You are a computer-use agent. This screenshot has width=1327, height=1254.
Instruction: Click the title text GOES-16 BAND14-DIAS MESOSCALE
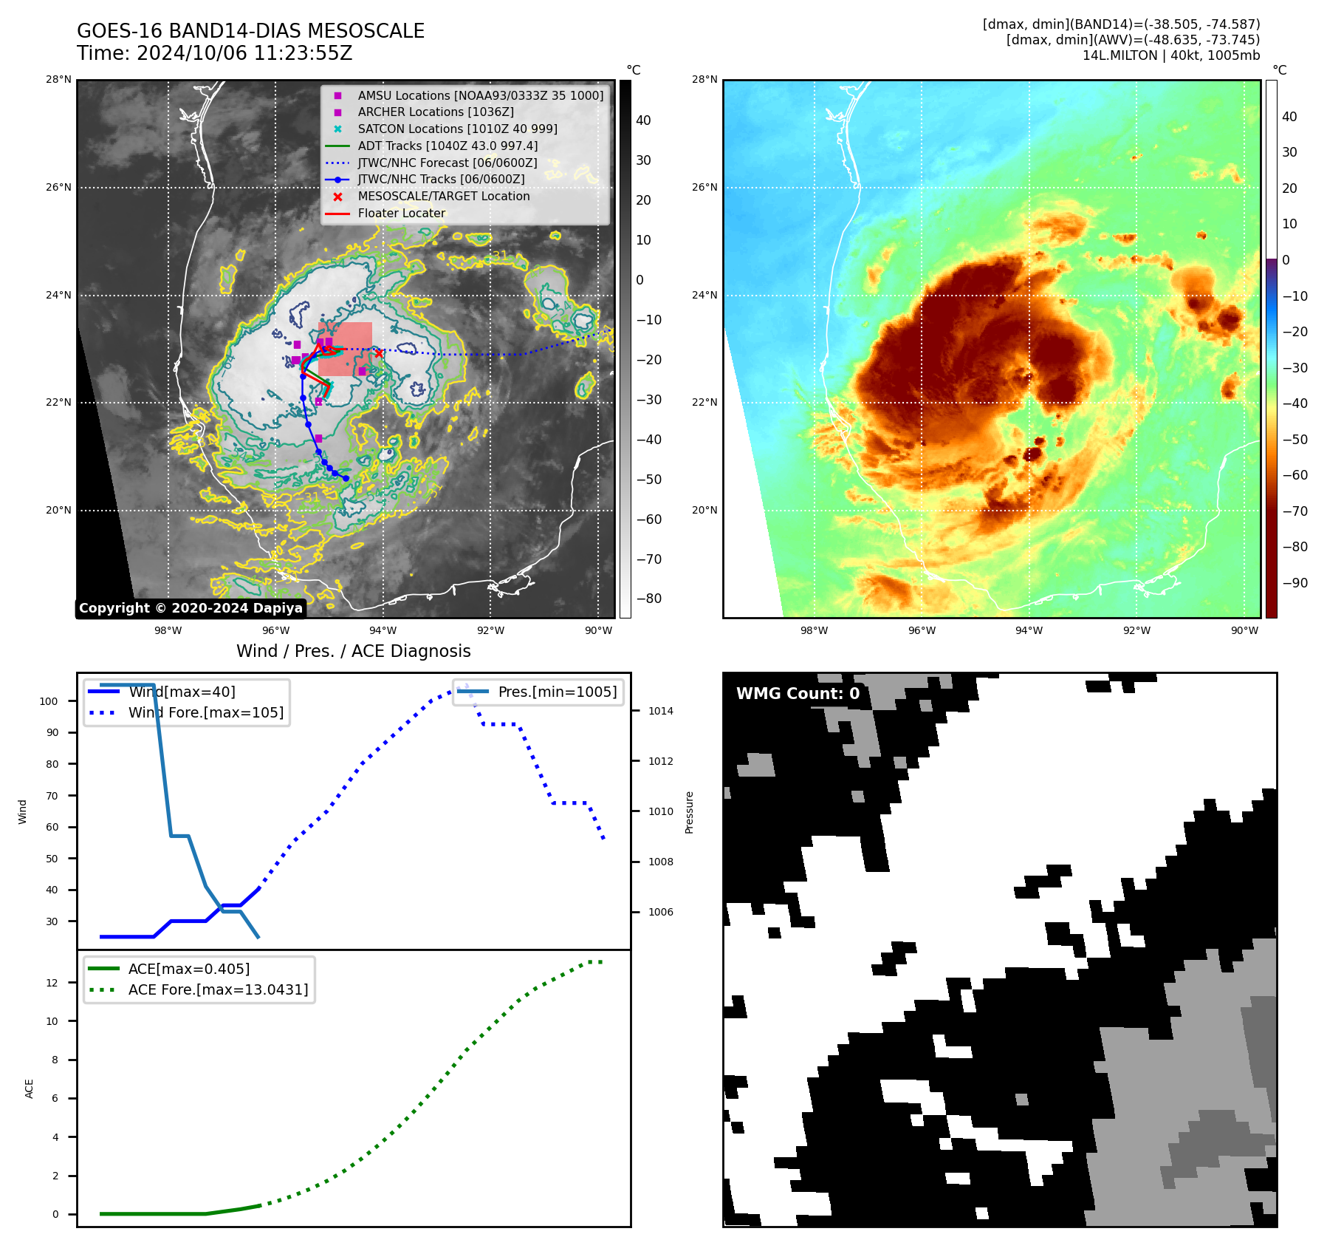[x=250, y=31]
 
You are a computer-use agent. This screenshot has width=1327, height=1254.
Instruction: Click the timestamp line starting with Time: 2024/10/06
[x=214, y=53]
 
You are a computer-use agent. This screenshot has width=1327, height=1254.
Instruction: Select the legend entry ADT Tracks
[x=448, y=146]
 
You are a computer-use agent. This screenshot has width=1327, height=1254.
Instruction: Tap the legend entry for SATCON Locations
[x=457, y=129]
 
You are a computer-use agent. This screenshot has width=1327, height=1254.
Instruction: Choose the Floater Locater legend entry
[x=402, y=213]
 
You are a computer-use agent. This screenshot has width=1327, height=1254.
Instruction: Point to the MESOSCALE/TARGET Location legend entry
[x=443, y=196]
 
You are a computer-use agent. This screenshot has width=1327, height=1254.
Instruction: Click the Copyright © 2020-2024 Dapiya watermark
[x=191, y=608]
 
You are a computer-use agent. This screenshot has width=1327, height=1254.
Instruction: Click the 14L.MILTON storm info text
[x=1170, y=55]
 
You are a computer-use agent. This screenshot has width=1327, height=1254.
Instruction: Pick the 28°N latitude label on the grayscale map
[x=59, y=80]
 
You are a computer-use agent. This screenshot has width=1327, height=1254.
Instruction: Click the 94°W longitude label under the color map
[x=1029, y=630]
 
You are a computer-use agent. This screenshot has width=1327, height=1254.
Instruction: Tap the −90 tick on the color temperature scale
[x=1295, y=583]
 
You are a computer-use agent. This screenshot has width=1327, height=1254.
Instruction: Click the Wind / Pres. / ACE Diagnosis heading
[x=353, y=651]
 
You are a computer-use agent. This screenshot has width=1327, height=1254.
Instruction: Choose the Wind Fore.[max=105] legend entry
[x=205, y=712]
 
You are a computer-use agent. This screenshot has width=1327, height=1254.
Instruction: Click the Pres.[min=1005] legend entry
[x=557, y=692]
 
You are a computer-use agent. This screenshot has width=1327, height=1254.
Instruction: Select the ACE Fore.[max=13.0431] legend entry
[x=218, y=989]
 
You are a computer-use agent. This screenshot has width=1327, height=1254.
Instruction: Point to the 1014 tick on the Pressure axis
[x=661, y=711]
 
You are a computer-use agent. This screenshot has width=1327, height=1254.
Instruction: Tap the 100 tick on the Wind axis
[x=49, y=701]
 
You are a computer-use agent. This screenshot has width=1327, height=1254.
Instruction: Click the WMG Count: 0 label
[x=798, y=693]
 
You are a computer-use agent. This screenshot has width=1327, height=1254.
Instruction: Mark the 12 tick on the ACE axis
[x=52, y=983]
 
